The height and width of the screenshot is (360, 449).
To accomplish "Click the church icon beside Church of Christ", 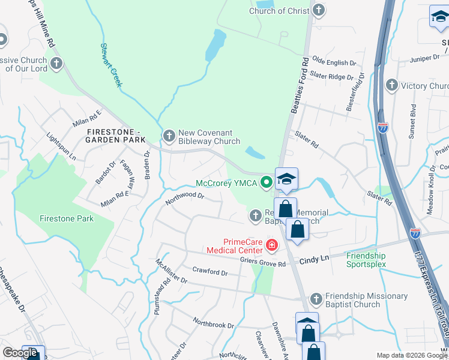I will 319,10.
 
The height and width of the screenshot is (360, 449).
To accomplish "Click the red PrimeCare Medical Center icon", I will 271,245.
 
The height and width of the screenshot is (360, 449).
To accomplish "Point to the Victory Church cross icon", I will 392,86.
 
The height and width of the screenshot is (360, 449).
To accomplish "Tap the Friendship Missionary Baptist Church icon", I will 316,299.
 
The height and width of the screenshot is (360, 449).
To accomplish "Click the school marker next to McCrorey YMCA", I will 286,179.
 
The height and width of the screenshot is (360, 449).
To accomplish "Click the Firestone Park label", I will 67,218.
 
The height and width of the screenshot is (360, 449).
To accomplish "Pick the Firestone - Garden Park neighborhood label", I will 116,136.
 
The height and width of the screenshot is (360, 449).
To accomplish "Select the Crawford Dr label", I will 209,272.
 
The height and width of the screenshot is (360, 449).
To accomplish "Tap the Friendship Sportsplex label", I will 374,260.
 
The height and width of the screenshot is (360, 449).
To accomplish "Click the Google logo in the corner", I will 20,353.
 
